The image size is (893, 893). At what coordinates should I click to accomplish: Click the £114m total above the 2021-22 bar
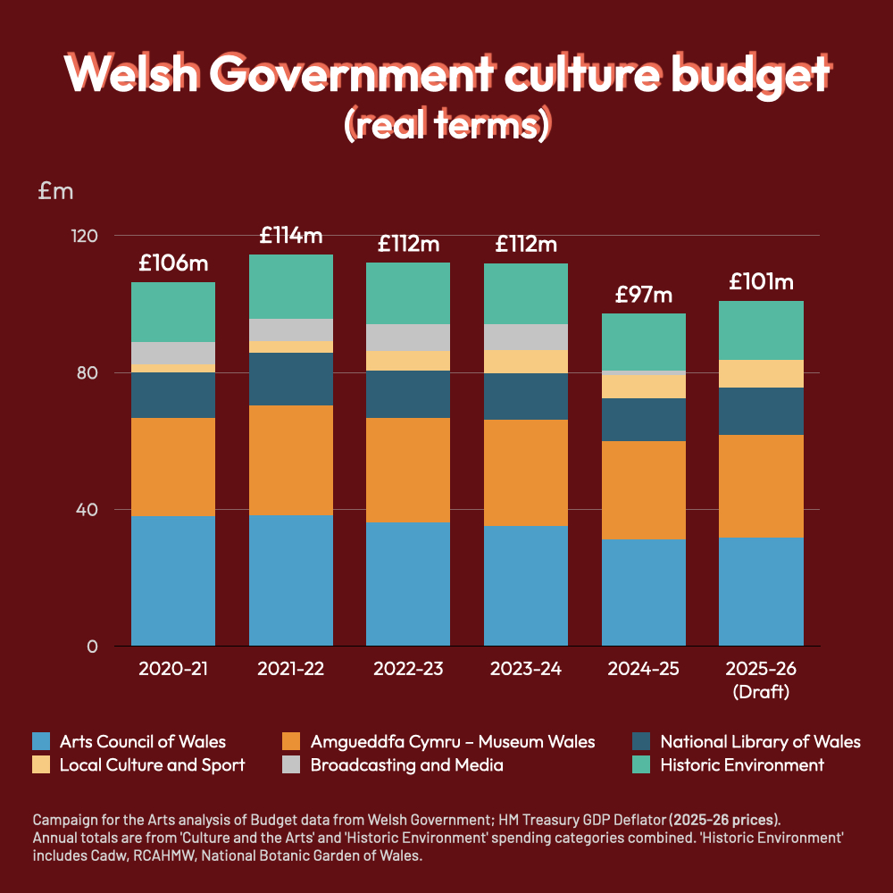(290, 236)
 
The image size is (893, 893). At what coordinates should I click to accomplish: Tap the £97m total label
(643, 295)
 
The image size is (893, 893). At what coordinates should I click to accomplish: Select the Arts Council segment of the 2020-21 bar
(173, 580)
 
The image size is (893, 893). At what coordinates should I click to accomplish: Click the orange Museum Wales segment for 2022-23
(408, 470)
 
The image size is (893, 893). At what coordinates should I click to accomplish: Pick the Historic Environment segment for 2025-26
(761, 330)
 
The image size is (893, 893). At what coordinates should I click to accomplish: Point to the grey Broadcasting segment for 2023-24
(526, 337)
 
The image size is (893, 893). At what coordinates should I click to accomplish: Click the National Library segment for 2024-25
(643, 420)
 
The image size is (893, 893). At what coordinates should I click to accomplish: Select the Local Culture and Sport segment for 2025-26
(761, 373)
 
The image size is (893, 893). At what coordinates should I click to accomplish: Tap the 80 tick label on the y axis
(85, 373)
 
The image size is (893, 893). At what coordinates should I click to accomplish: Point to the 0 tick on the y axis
(92, 647)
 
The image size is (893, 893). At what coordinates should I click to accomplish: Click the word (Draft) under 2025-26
(761, 692)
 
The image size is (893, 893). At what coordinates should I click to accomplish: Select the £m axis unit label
(55, 190)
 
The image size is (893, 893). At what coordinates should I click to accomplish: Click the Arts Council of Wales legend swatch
(41, 741)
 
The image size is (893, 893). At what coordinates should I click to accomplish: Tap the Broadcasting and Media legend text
(406, 765)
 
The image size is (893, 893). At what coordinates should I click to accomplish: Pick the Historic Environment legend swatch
(641, 765)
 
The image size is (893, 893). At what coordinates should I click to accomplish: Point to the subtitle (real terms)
(446, 126)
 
